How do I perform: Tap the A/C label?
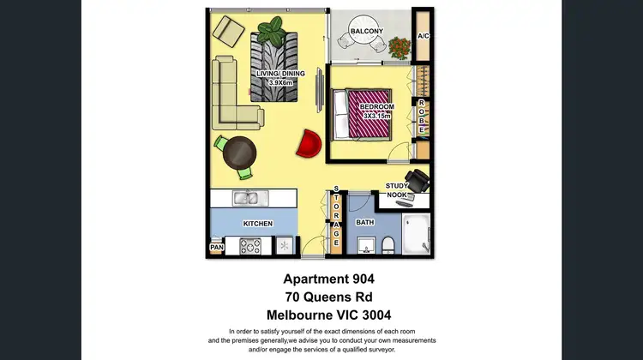(x=423, y=36)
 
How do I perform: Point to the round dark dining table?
(x=239, y=153)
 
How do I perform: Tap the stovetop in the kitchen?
(x=251, y=246)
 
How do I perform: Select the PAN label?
(x=216, y=249)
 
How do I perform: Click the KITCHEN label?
(x=257, y=224)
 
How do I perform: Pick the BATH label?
(x=365, y=223)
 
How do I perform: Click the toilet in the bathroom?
(x=388, y=247)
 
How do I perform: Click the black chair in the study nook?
(x=418, y=181)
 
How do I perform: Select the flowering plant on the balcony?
(x=400, y=46)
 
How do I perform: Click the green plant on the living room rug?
(x=273, y=33)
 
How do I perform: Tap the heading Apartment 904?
(x=329, y=279)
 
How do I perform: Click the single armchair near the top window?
(x=229, y=31)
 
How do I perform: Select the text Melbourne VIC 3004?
(x=329, y=315)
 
